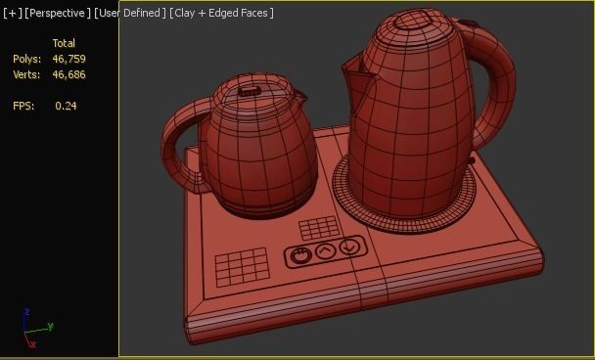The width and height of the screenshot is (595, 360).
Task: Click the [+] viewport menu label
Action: point(12,13)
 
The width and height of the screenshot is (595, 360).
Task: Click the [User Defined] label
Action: point(130,13)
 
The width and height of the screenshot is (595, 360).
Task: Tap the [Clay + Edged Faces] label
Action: point(222,13)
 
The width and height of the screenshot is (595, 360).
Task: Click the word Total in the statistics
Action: point(64,43)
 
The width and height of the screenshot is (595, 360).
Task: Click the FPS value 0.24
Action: point(66,106)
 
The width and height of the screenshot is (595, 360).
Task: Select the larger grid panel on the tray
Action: point(241,264)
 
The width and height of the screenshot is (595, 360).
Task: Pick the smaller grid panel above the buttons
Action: point(318,229)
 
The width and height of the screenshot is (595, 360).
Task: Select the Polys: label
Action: point(26,59)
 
